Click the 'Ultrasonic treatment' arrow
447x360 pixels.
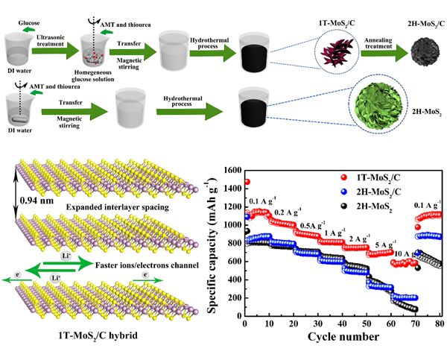pos(55,51)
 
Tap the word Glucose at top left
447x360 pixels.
pos(29,23)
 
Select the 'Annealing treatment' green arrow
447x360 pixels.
pos(384,54)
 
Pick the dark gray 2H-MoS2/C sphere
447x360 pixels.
pos(424,52)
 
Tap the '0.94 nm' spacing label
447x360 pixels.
pos(37,200)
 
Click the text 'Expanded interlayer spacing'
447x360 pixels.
pos(118,207)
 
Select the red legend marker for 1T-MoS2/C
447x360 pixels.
pos(344,177)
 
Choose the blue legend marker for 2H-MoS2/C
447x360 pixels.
pos(344,192)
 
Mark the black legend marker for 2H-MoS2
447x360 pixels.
pos(344,206)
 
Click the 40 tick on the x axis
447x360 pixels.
pos(342,323)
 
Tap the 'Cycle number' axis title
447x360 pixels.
pos(343,337)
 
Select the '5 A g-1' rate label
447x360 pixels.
pos(386,245)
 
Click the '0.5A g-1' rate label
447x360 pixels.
pos(312,225)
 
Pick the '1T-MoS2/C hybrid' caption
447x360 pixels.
pos(98,335)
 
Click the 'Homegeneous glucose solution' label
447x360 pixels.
pos(93,76)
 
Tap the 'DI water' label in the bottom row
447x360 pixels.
pos(19,130)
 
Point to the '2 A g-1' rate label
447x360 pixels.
pos(360,239)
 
